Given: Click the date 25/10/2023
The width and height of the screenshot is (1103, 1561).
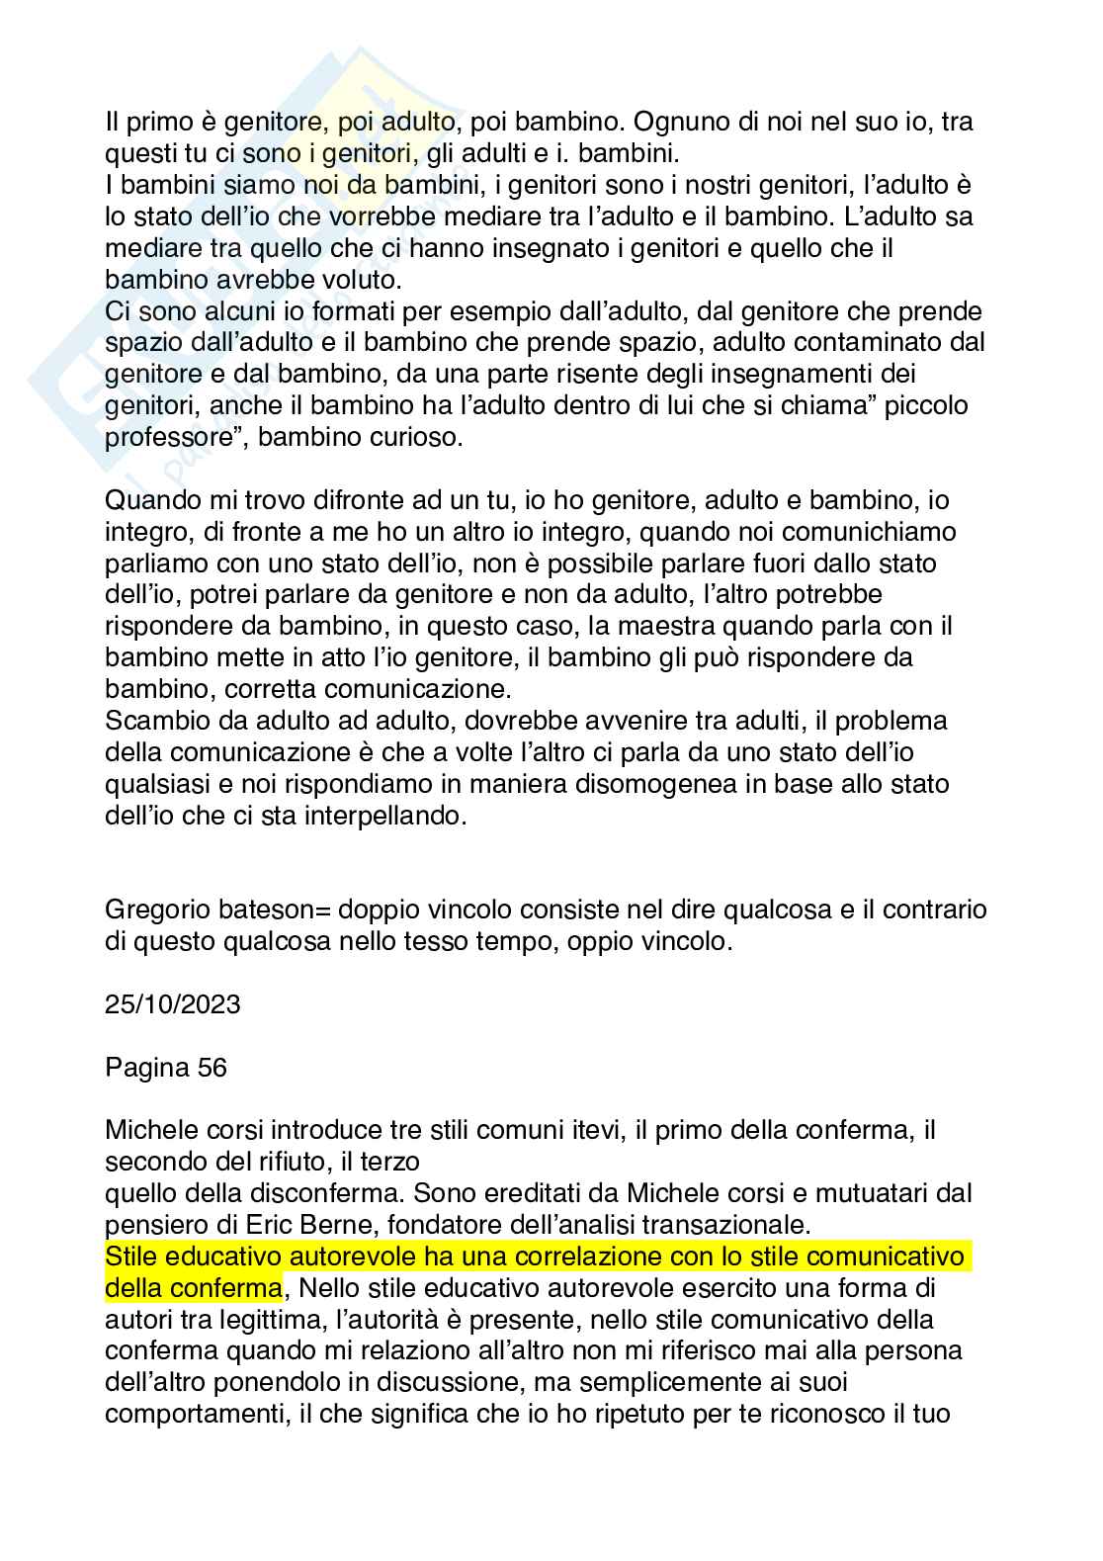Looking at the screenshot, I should tap(172, 1004).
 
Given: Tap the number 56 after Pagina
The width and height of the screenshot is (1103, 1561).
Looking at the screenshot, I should tap(211, 1068).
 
